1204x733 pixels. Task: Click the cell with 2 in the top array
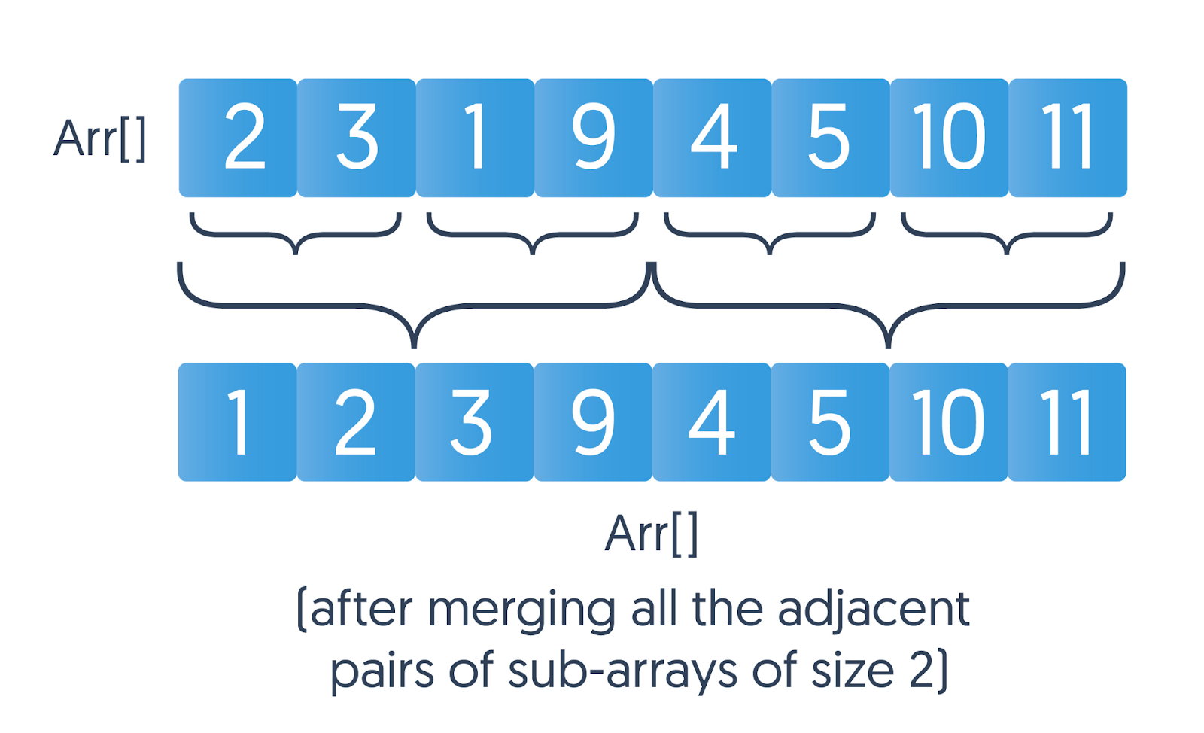point(238,138)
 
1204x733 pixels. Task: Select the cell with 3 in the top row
point(357,138)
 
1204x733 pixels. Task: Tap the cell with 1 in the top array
point(475,138)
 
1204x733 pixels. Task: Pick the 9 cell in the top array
point(594,138)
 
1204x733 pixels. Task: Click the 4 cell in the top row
point(713,138)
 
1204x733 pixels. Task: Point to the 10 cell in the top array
point(950,138)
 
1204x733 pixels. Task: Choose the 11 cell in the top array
point(1068,138)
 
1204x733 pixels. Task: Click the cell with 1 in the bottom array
point(238,422)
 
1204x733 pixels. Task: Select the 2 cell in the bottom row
point(356,422)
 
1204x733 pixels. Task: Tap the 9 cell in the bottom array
point(593,422)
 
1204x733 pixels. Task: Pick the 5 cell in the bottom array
point(830,422)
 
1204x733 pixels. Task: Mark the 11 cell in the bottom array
point(1067,422)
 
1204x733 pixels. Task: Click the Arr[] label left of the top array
point(100,139)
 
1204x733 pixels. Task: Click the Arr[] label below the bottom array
point(652,534)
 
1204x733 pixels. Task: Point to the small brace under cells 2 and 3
point(295,234)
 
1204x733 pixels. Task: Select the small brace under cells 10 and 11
point(1007,234)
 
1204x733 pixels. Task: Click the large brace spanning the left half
point(415,306)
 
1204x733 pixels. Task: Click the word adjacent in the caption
point(874,611)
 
